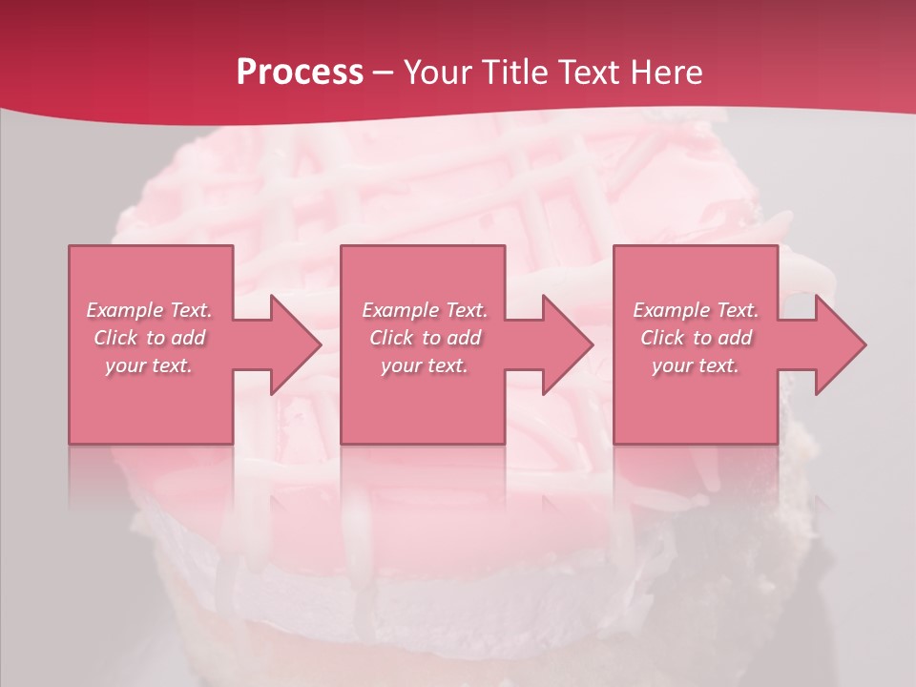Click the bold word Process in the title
(x=300, y=73)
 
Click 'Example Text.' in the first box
(x=149, y=310)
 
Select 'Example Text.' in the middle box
(x=425, y=310)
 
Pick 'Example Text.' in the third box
(x=696, y=310)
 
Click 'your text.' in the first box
(x=149, y=365)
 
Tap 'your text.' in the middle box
(x=425, y=365)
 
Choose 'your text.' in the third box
(x=696, y=365)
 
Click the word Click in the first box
(x=115, y=338)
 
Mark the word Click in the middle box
(x=391, y=338)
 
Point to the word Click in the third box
(x=662, y=338)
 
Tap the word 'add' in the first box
(x=189, y=338)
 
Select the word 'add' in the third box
(x=736, y=338)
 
